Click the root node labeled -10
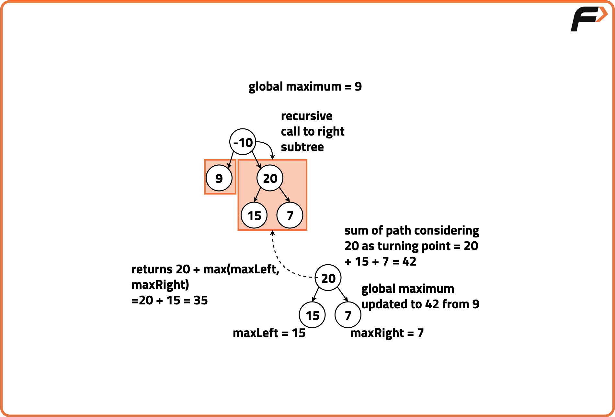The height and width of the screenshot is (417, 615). coord(243,142)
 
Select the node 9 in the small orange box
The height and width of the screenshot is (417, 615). coord(219,178)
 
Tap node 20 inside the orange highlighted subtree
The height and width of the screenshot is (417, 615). coord(270,178)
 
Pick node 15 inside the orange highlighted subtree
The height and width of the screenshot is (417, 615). coord(254,215)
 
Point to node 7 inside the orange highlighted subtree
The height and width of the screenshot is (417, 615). coord(290,215)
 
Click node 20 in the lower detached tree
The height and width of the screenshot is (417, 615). coord(328,278)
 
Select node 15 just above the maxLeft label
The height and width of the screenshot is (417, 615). coord(313,315)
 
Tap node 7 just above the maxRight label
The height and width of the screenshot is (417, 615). coord(348,315)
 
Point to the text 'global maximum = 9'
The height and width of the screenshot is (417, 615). coord(305,87)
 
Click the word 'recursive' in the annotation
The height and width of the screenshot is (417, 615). coord(306,116)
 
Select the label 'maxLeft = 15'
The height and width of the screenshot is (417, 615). coord(269,333)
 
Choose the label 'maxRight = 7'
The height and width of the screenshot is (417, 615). coord(387,333)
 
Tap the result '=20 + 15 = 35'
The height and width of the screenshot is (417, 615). coord(169,300)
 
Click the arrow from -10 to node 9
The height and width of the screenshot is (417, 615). coord(231,159)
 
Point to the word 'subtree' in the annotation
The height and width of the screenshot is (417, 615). coord(302,147)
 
